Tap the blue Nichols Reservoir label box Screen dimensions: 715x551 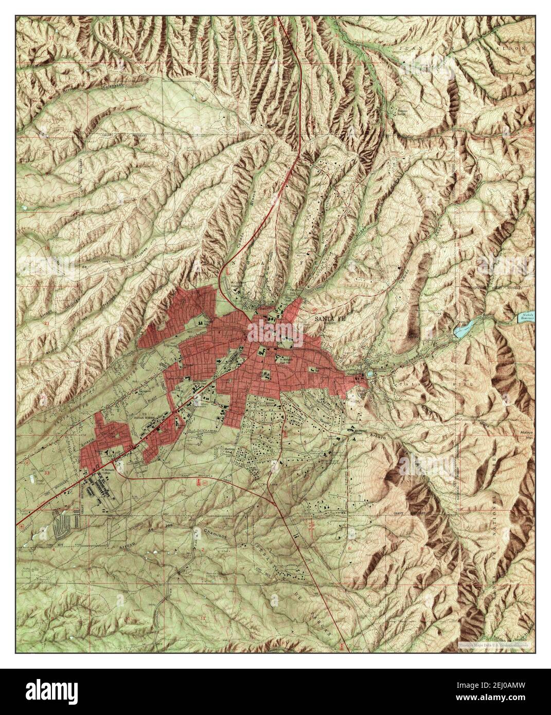pyautogui.click(x=526, y=319)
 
